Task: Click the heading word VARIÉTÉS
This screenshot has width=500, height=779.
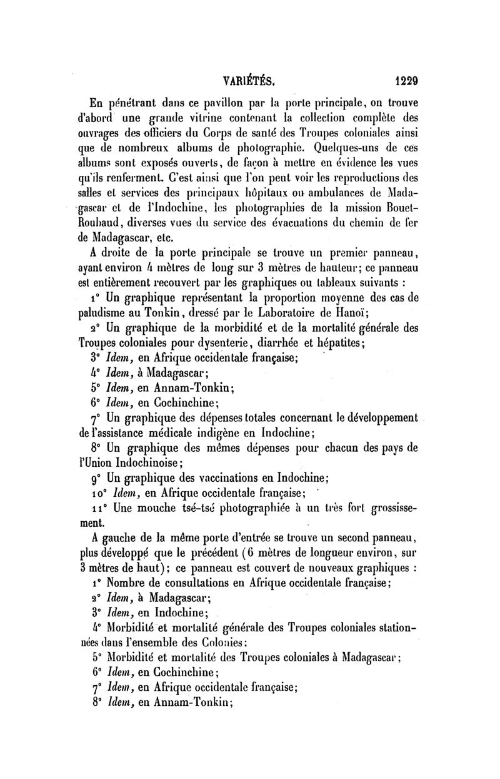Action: point(249,80)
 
